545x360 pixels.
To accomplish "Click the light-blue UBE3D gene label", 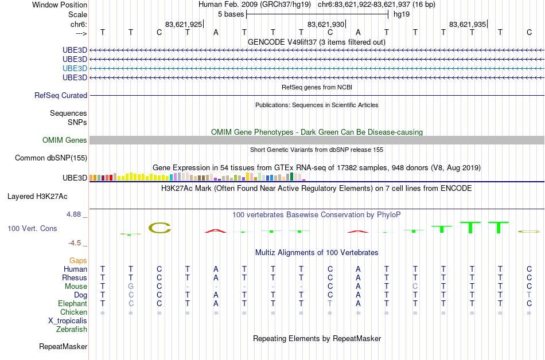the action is (75, 68).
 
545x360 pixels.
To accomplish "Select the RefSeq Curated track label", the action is (61, 96).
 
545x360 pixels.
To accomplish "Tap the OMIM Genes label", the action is (65, 140).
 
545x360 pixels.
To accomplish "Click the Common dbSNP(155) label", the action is (51, 158).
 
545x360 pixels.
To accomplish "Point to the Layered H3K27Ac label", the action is (37, 197).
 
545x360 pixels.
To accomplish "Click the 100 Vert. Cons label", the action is (32, 228).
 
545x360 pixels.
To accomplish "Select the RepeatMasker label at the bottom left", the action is (63, 346).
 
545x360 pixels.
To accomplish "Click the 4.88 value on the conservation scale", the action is (73, 214).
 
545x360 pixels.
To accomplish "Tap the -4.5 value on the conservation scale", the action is (75, 243).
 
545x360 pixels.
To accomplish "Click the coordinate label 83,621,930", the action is (326, 24).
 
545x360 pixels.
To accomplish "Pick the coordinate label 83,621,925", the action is (184, 24).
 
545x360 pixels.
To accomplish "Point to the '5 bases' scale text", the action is (231, 14).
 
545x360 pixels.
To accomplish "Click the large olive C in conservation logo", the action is (160, 228).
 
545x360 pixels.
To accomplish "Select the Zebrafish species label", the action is (72, 329).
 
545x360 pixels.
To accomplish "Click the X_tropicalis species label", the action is (68, 321).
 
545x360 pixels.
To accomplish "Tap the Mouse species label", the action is (76, 287).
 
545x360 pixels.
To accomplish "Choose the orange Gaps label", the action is (78, 261).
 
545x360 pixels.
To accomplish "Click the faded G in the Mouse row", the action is (131, 287).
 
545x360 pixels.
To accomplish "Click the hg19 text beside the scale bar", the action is (402, 14).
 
